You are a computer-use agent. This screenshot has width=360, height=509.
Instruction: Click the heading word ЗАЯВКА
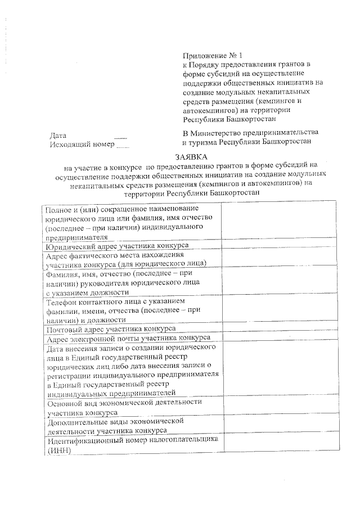point(190,156)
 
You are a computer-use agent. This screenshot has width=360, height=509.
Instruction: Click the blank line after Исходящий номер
point(122,146)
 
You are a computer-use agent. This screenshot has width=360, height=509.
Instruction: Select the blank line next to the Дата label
point(120,137)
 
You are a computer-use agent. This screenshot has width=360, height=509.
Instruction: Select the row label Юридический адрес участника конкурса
point(117,246)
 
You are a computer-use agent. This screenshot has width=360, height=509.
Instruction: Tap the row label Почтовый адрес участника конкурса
point(111,328)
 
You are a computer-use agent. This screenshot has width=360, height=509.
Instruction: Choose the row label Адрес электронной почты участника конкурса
point(128,337)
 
